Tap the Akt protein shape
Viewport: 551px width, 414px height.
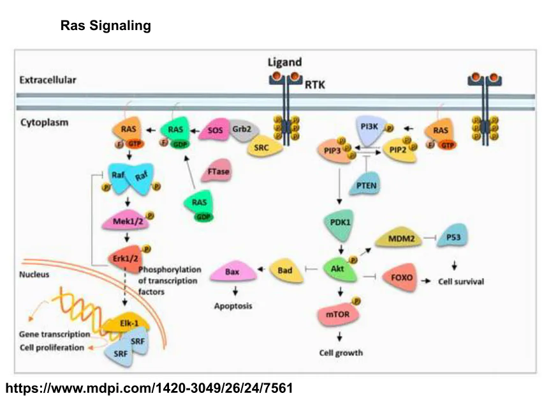point(338,269)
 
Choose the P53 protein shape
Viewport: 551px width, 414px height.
point(454,238)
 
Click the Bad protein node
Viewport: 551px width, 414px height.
point(284,270)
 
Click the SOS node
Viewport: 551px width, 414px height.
point(215,130)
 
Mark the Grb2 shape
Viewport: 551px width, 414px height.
point(241,128)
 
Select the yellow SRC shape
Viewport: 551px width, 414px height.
point(261,146)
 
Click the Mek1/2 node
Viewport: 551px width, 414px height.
point(125,221)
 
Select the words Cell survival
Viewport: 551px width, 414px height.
point(460,281)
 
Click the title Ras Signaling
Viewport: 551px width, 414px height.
point(105,26)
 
